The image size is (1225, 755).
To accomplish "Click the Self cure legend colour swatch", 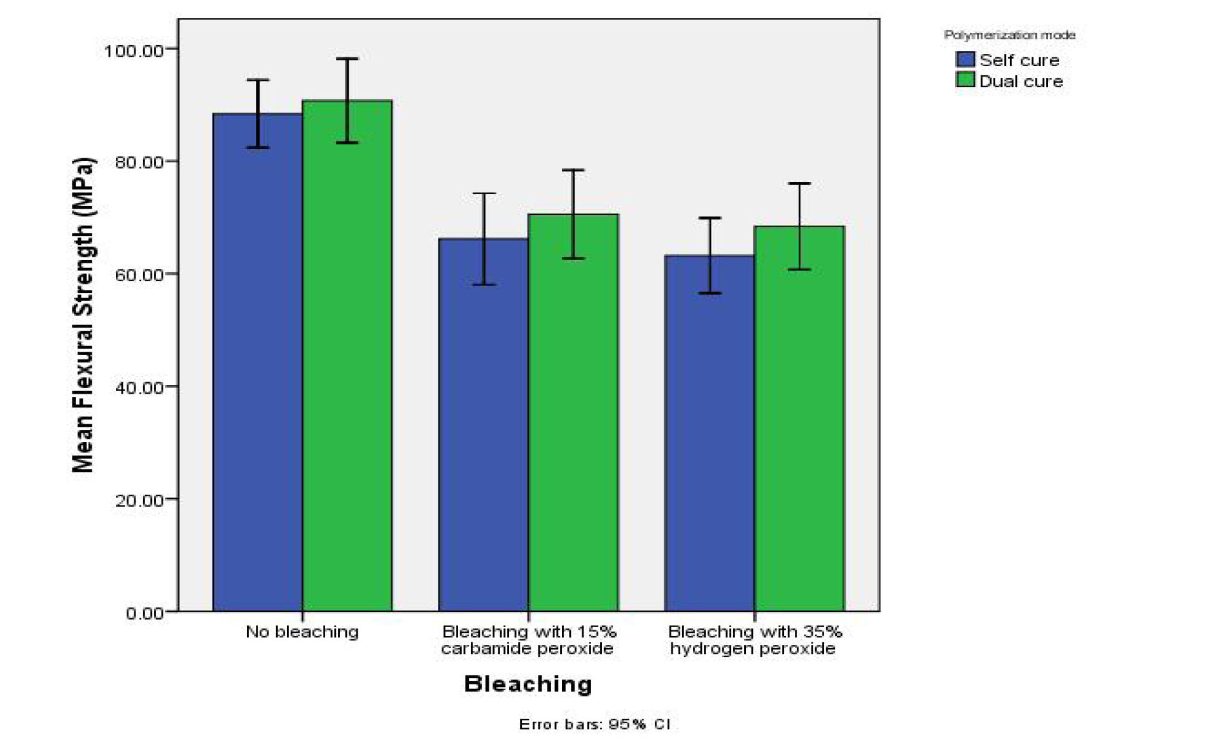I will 965,60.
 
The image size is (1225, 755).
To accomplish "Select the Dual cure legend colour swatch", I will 965,80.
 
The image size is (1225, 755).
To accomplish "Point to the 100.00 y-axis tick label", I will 134,50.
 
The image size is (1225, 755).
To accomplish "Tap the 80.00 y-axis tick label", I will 139,163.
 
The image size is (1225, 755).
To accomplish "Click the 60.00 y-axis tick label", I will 139,275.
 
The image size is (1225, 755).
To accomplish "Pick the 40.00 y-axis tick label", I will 139,387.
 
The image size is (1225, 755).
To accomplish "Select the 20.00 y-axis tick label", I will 139,501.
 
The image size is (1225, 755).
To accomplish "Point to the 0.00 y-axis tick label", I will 144,613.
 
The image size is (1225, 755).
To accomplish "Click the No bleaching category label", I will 302,632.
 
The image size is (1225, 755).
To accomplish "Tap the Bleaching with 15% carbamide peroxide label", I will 528,640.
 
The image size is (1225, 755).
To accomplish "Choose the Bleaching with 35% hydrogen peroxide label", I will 754,640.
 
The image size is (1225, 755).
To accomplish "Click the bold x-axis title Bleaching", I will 528,684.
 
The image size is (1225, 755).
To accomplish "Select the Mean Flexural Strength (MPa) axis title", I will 83,315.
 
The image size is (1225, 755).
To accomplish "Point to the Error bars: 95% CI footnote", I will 595,724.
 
